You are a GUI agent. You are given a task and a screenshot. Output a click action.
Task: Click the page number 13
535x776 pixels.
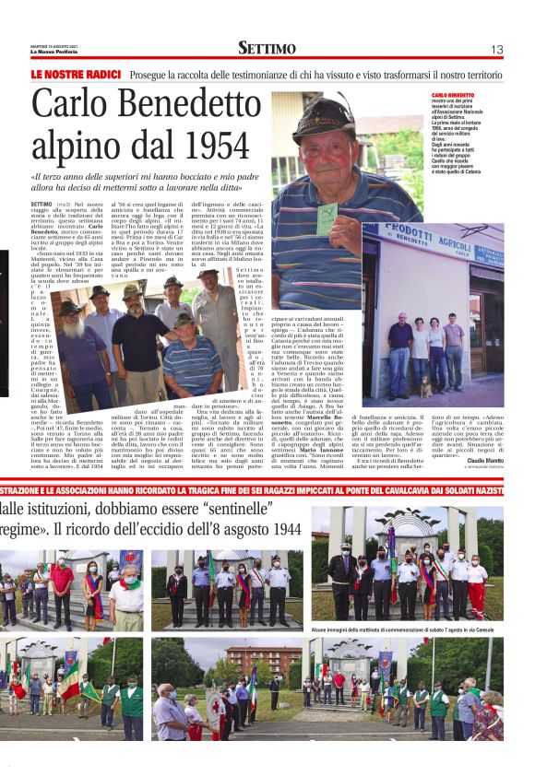[x=496, y=50]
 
